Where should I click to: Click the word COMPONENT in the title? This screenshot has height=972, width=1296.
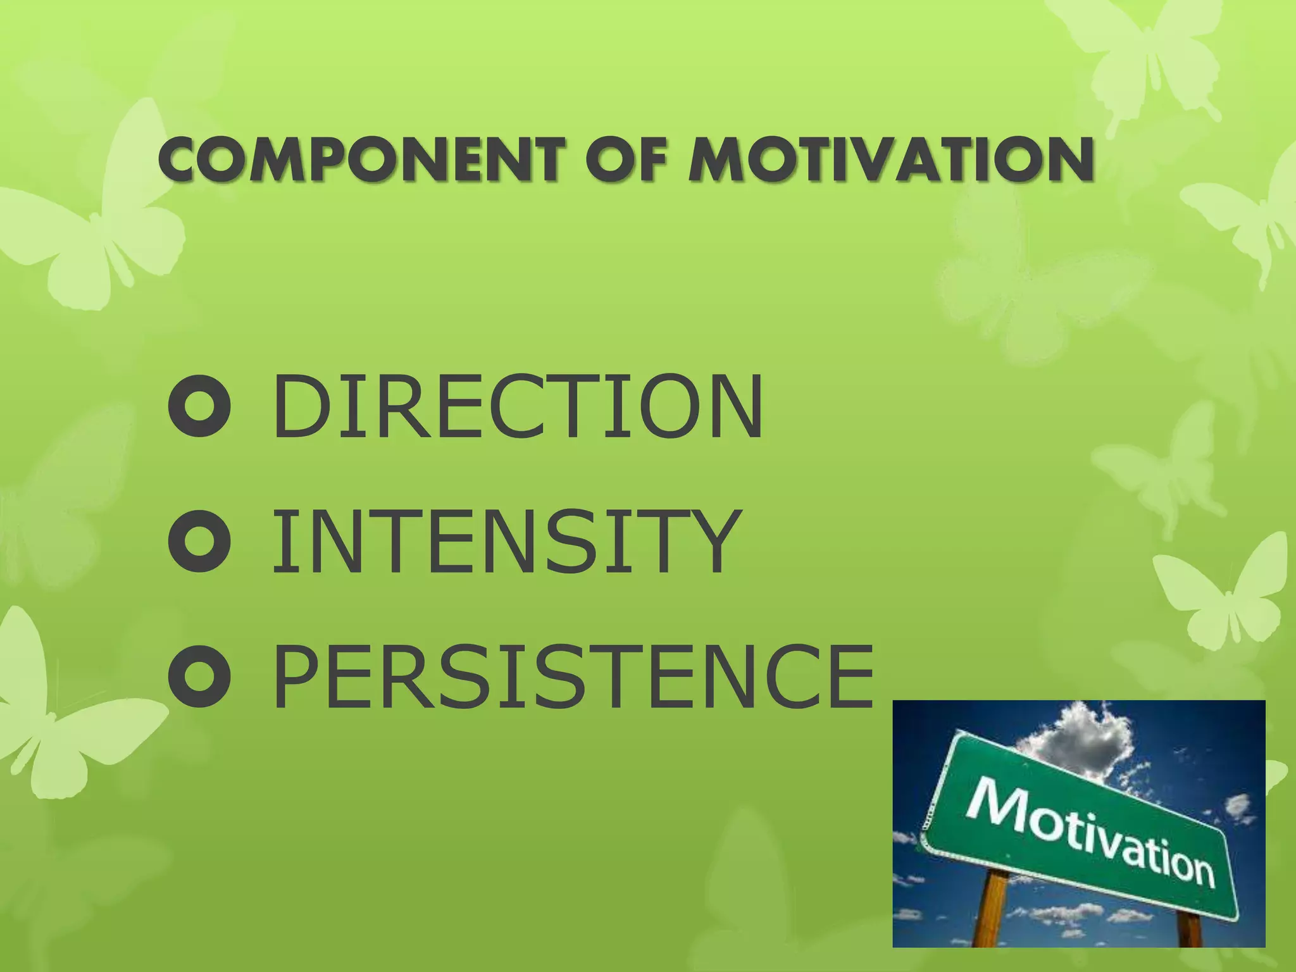click(x=360, y=160)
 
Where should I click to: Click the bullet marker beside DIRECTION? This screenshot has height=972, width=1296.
click(x=199, y=406)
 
